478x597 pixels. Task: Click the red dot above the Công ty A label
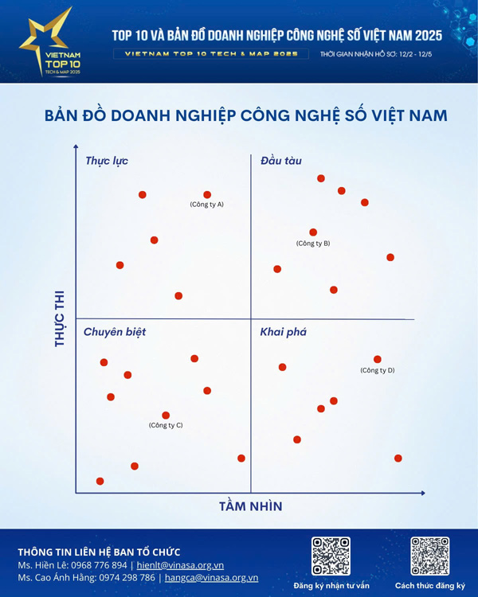point(207,194)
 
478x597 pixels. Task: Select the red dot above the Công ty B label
point(313,232)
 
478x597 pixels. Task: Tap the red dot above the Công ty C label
point(166,415)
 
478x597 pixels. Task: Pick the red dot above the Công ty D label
point(378,359)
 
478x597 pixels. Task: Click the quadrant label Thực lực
point(107,161)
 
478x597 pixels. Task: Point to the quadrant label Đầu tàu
point(281,161)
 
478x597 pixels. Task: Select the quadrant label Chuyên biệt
point(115,331)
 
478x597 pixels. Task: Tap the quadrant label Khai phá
point(283,331)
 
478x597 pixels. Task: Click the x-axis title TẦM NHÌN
point(250,506)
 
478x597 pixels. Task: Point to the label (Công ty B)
point(313,243)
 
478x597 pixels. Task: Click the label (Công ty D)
point(378,370)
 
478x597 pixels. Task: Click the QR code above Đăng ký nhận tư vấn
point(331,556)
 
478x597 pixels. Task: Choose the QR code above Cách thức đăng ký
point(429,556)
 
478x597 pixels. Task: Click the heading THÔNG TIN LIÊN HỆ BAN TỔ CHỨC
point(99,552)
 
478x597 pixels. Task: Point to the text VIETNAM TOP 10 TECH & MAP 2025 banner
point(211,54)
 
